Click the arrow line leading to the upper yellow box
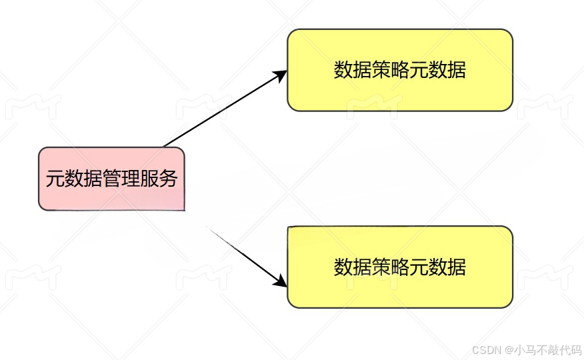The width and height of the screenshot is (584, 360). click(220, 111)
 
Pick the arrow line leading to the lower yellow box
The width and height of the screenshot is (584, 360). click(243, 257)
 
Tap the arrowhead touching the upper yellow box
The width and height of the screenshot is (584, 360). click(281, 74)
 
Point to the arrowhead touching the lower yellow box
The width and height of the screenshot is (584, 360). click(280, 283)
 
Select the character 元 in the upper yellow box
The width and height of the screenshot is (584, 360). click(419, 70)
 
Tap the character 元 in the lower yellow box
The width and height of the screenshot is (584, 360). click(419, 267)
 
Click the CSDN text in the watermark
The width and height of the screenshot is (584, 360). click(486, 349)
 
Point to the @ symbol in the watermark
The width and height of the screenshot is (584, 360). click(509, 349)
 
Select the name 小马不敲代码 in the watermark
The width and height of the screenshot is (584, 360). click(547, 349)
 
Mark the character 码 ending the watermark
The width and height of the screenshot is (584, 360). click(576, 349)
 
